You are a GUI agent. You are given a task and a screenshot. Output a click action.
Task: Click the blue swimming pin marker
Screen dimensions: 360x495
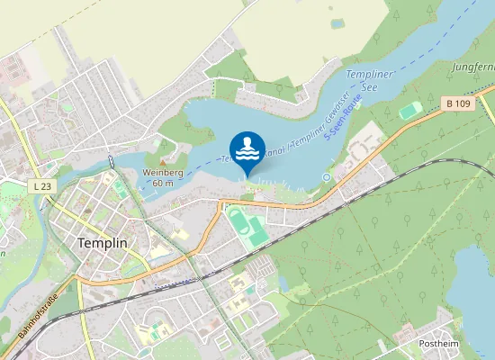coord(247,149)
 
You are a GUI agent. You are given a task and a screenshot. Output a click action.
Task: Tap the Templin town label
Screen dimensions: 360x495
coord(102,244)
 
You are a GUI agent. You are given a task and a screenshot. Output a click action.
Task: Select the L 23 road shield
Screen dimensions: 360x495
coord(40,185)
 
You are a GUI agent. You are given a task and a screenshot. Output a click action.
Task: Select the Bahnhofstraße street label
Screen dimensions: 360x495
coord(37,316)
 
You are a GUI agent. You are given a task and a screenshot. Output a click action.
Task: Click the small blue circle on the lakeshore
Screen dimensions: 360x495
coord(326,177)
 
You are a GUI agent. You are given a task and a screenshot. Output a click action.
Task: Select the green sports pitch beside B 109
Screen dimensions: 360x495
coord(410,110)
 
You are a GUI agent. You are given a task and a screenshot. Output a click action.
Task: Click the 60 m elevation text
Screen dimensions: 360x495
coord(163,183)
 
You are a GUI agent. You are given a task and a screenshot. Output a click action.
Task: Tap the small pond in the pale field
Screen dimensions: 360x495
coord(337,22)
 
